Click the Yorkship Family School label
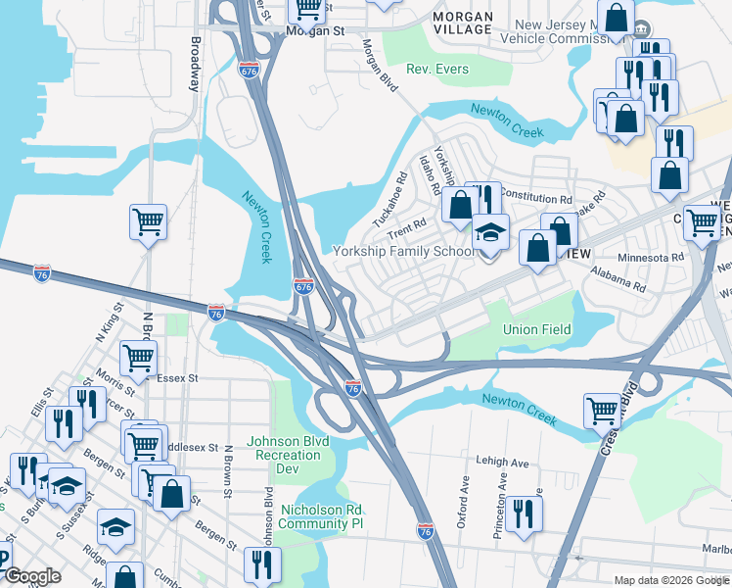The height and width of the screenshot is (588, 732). click(404, 252)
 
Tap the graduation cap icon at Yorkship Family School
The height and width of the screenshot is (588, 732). click(490, 233)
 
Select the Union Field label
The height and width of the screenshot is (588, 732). click(536, 329)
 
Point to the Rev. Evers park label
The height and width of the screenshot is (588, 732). click(437, 70)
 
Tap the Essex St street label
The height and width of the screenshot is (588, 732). click(177, 376)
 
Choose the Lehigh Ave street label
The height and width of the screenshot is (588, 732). click(504, 463)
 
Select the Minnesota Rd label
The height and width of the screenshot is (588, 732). click(651, 257)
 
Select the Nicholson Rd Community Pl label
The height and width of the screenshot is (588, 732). click(321, 516)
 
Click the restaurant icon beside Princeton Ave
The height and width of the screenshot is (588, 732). click(524, 513)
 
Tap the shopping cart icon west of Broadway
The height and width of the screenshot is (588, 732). click(148, 222)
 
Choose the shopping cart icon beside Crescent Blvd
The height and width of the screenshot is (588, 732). click(601, 412)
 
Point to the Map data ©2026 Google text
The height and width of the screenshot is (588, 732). click(670, 580)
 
